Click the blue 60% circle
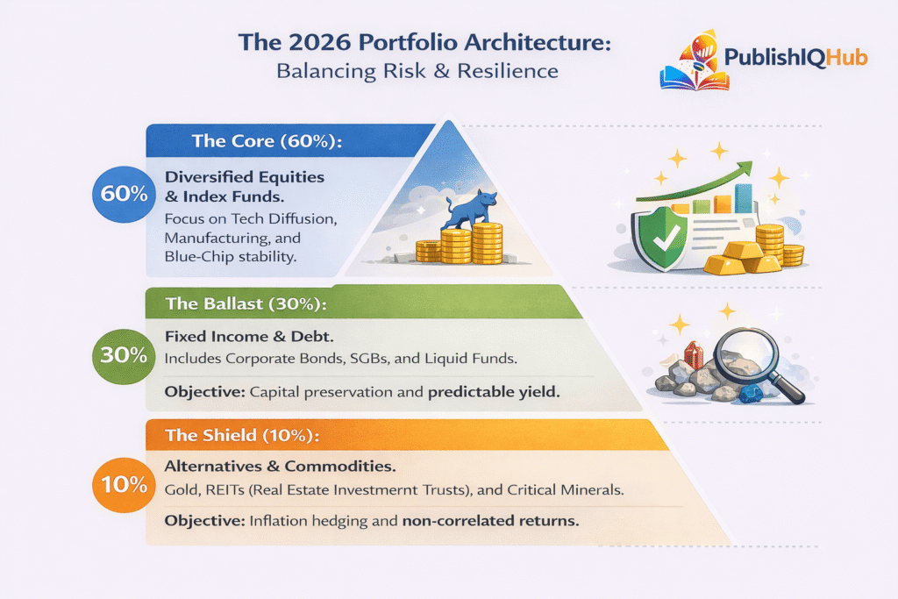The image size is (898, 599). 125,193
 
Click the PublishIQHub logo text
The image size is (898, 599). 795,58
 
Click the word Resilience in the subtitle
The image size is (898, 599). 507,70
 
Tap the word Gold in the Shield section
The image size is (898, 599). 182,489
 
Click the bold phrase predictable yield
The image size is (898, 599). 493,393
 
